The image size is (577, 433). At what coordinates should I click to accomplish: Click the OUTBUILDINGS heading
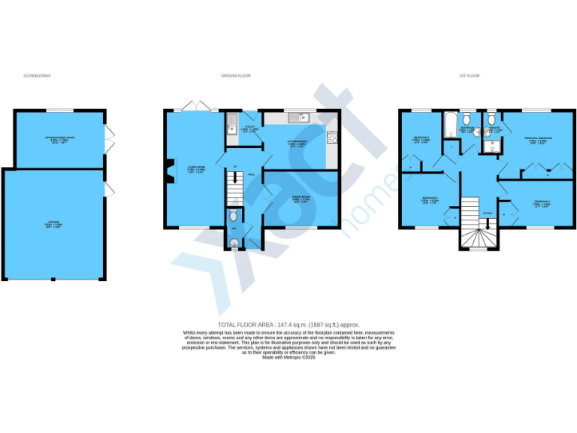pos(37,76)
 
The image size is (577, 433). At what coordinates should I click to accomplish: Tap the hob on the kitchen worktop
pos(333,136)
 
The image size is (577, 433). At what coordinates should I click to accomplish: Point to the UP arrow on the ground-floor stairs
pos(234,178)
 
